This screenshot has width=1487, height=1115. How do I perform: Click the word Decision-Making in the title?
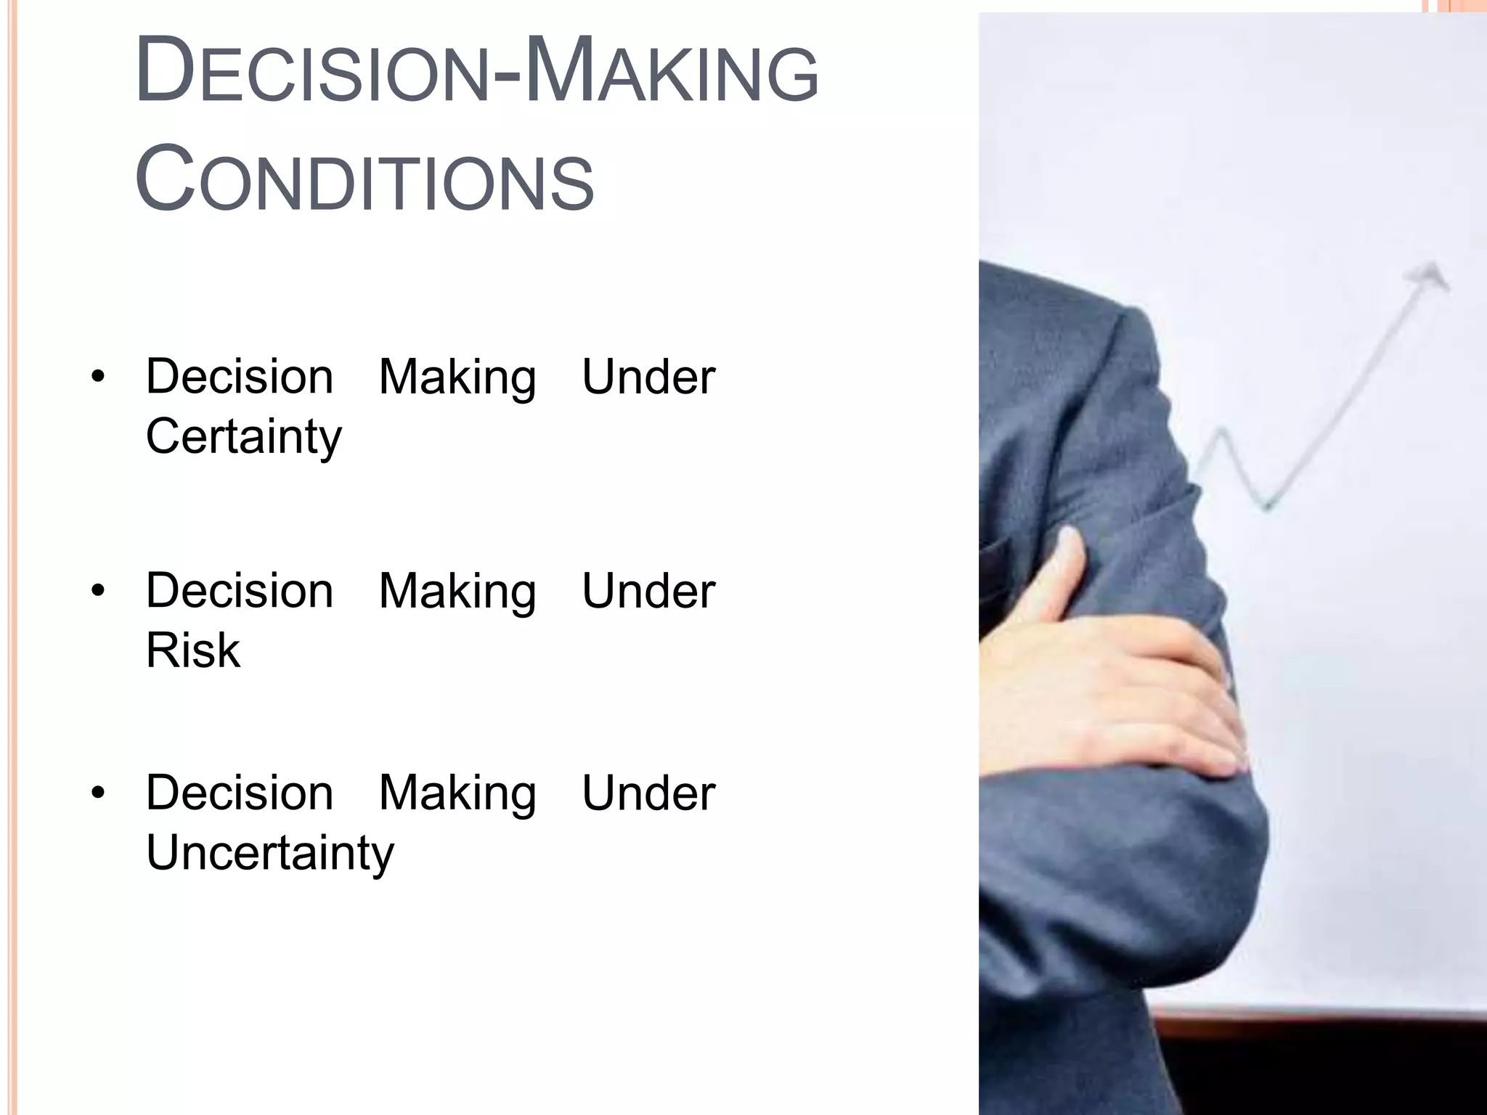coord(476,72)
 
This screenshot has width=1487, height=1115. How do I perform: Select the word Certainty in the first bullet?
coord(243,437)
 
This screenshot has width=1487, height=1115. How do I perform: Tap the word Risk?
coord(192,650)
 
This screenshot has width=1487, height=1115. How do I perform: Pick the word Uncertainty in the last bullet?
coord(269,852)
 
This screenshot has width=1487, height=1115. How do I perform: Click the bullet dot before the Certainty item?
coord(99,377)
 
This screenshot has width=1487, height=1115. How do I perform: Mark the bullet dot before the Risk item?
coord(99,591)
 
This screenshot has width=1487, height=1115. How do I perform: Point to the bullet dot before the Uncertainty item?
coord(99,793)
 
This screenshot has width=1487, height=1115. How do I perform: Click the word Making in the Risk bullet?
coord(457,592)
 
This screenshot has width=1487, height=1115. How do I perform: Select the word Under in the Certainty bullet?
coord(648,377)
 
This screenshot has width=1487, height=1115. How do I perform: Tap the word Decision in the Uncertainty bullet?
coord(240,793)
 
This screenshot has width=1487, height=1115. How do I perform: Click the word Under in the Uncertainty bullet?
coord(648,793)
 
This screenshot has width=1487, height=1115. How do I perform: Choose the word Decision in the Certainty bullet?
coord(240,377)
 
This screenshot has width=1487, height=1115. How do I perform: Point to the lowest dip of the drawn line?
coord(1267,504)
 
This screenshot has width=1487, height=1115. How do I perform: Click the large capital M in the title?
coord(555,70)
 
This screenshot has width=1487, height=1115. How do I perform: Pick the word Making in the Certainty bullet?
coord(457,378)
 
